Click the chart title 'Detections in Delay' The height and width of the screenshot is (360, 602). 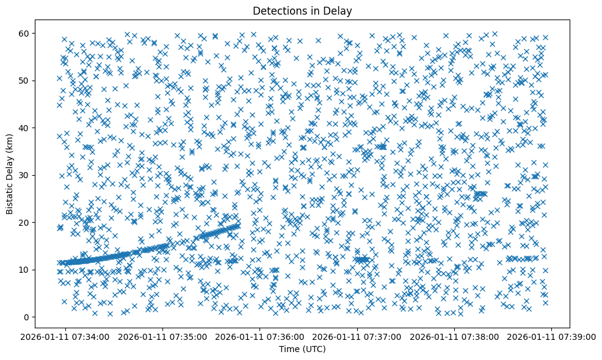point(302,10)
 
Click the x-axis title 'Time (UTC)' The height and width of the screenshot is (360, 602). point(302,349)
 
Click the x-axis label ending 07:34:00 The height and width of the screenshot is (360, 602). point(66,337)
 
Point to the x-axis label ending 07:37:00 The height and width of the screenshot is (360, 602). point(358,337)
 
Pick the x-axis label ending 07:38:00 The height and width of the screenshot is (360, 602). point(455,337)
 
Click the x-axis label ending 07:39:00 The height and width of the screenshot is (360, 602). point(552,337)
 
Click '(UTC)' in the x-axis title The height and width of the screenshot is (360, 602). point(314,349)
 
